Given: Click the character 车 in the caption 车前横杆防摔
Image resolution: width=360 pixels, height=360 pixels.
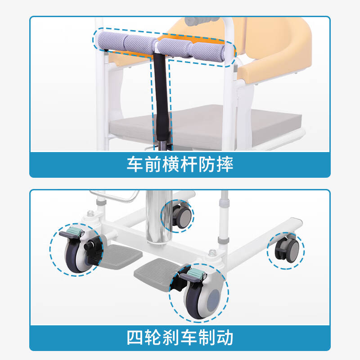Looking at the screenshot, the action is click(x=135, y=164).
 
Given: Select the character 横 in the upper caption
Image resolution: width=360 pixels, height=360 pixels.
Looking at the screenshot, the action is click(x=171, y=164).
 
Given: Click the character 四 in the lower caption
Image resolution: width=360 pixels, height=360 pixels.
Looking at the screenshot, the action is click(x=135, y=337).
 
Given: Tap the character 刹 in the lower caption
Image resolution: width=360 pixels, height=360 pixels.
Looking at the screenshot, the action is click(x=171, y=337).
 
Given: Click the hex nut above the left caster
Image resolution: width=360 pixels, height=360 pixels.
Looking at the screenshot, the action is click(x=90, y=213).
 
